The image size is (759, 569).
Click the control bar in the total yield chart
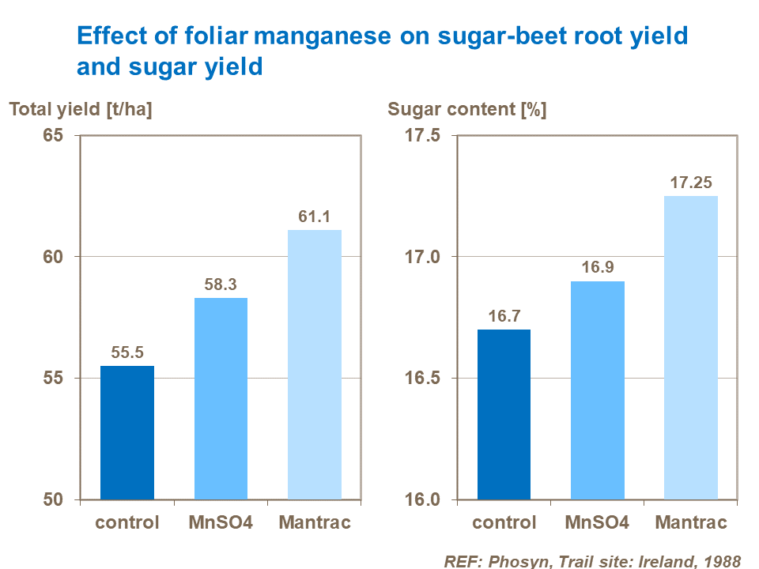(127, 432)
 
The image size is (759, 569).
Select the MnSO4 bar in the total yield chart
(221, 398)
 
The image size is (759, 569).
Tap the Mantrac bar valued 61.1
(314, 364)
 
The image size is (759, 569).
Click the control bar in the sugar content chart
(504, 414)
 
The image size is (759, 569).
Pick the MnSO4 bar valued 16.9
(597, 390)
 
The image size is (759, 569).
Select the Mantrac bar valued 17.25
(691, 348)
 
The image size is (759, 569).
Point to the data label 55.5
(127, 352)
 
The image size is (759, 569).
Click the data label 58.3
(221, 284)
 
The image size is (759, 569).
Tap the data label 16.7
(504, 316)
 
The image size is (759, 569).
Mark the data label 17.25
(691, 183)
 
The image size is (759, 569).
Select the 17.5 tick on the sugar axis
(423, 136)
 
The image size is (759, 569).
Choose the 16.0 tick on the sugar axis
(423, 499)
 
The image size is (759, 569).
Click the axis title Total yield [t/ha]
(81, 110)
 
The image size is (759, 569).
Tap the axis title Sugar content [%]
(466, 110)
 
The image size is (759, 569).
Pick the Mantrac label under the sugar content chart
(691, 522)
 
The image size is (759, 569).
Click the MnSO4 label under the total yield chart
(221, 522)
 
